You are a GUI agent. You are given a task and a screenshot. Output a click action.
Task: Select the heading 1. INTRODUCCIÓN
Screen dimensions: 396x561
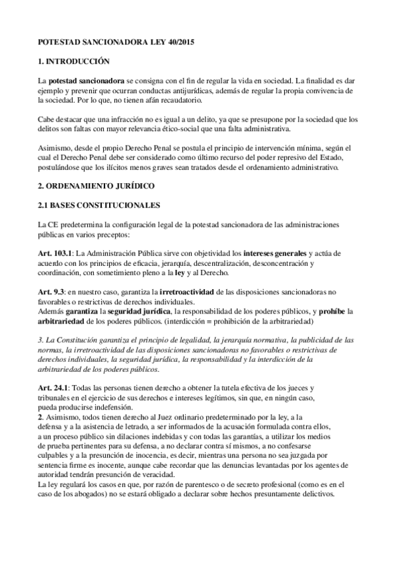pyautogui.click(x=73, y=61)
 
